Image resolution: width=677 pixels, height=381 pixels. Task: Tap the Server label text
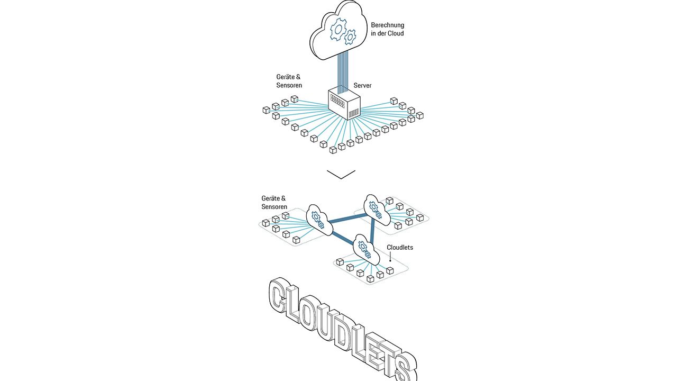(x=362, y=85)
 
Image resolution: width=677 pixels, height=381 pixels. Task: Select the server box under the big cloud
(x=343, y=103)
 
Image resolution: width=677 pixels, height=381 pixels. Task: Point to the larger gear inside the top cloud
(x=337, y=30)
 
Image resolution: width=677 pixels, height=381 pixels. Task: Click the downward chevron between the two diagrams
(x=341, y=174)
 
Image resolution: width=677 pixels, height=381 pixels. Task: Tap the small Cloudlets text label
(x=400, y=247)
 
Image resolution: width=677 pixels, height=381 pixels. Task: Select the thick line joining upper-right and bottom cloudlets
(x=373, y=229)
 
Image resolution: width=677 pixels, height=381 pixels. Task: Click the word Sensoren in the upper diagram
(x=289, y=85)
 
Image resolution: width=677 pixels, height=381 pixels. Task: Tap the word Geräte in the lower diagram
(x=270, y=198)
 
